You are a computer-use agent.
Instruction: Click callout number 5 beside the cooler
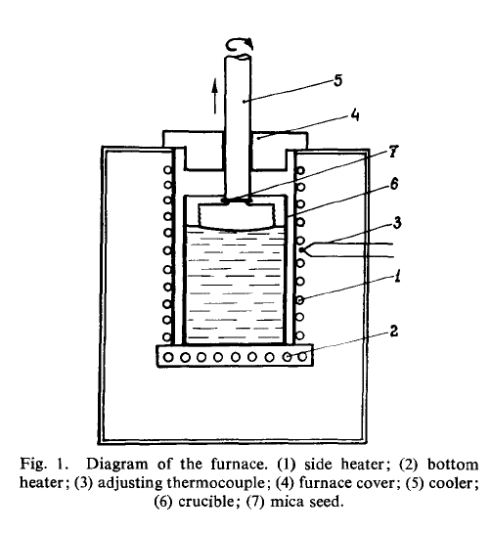tap(337, 80)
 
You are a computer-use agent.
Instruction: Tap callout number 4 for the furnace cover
tap(354, 115)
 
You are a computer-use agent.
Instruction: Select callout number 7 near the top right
tap(393, 151)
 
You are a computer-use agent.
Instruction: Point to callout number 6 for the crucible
tap(393, 184)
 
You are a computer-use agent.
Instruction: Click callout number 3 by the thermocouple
tap(397, 222)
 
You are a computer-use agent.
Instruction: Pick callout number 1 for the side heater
tap(397, 276)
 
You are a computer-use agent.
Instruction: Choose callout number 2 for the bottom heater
tap(393, 331)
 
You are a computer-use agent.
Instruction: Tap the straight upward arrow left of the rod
tap(214, 96)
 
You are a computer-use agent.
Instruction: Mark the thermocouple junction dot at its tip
tap(301, 250)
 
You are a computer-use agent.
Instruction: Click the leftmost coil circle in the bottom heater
tap(168, 357)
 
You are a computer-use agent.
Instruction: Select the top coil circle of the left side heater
tap(167, 169)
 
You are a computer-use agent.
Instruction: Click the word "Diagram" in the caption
tap(116, 464)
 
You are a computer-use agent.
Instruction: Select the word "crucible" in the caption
tap(206, 502)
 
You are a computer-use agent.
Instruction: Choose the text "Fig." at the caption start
tap(32, 464)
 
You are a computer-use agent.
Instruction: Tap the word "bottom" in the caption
tap(453, 464)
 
